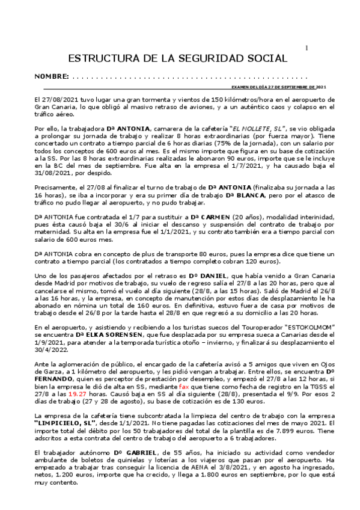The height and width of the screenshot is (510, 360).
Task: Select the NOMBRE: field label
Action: click(52, 78)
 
